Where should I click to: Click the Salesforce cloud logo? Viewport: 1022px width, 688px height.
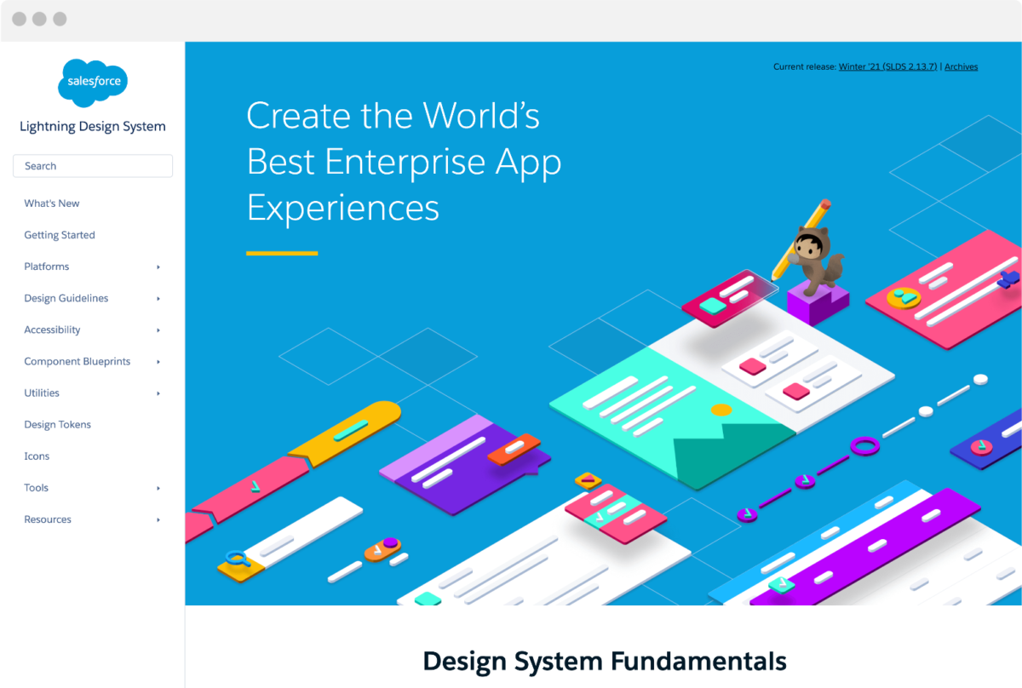pyautogui.click(x=93, y=83)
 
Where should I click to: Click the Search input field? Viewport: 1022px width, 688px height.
pyautogui.click(x=93, y=166)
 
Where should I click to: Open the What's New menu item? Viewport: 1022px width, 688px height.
pyautogui.click(x=52, y=204)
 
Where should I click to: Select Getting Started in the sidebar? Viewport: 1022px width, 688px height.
pyautogui.click(x=60, y=235)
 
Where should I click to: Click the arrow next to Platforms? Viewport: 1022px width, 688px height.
pyautogui.click(x=158, y=267)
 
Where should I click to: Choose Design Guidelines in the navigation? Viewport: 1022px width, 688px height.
pyautogui.click(x=66, y=298)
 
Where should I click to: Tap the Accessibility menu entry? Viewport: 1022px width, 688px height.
pyautogui.click(x=52, y=330)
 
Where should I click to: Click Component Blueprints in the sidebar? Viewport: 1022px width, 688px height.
pyautogui.click(x=78, y=361)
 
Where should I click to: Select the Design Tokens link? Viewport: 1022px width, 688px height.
pyautogui.click(x=57, y=424)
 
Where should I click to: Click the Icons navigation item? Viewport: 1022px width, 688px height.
pyautogui.click(x=37, y=456)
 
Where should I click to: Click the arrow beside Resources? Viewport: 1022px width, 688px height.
pyautogui.click(x=158, y=520)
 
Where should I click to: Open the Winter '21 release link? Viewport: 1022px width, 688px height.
pyautogui.click(x=887, y=66)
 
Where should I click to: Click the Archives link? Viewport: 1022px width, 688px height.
pyautogui.click(x=961, y=66)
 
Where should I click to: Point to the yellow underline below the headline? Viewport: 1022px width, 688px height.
pyautogui.click(x=282, y=253)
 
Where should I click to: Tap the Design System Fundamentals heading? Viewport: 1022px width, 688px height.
pyautogui.click(x=604, y=661)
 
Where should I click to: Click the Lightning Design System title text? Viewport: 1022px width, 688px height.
pyautogui.click(x=93, y=127)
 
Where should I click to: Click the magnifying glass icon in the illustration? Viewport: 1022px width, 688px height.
pyautogui.click(x=236, y=559)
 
